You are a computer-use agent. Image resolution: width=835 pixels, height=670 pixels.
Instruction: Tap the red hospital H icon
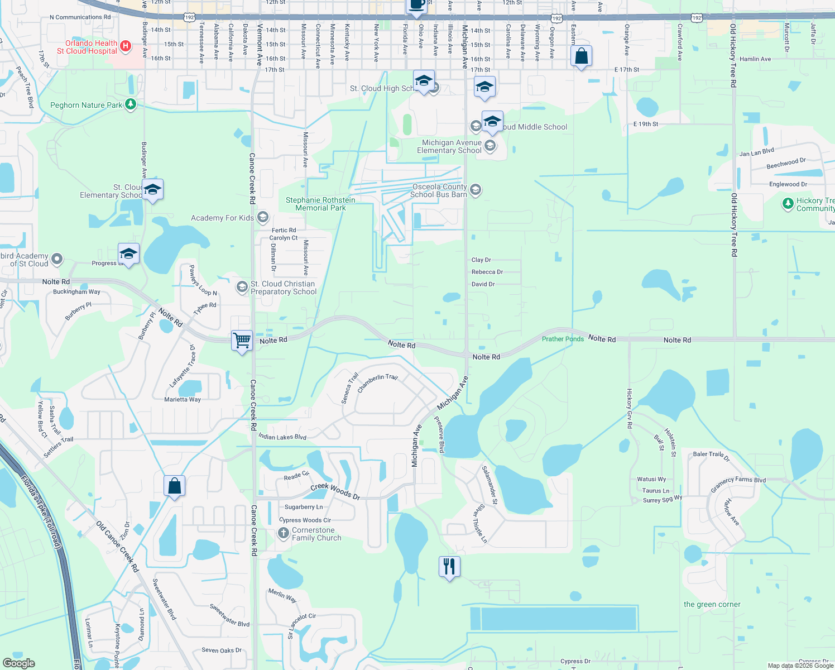click(x=126, y=46)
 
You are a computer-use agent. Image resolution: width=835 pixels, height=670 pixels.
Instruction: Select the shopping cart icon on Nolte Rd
click(x=242, y=340)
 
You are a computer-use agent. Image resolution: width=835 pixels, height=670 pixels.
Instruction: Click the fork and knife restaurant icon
click(x=449, y=566)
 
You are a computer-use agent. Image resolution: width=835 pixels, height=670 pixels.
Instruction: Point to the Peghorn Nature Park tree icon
click(x=131, y=104)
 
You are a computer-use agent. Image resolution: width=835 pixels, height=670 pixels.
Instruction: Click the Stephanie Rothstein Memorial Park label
click(x=320, y=204)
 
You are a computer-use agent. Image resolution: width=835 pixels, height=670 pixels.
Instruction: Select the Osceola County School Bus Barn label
click(x=439, y=191)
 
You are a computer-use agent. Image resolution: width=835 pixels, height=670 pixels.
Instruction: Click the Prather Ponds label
click(x=563, y=339)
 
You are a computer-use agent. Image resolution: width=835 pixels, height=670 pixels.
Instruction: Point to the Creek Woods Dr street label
click(x=335, y=490)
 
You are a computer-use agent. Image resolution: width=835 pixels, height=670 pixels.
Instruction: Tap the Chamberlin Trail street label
click(x=377, y=382)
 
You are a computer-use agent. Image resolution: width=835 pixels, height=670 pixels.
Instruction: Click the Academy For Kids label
click(x=222, y=218)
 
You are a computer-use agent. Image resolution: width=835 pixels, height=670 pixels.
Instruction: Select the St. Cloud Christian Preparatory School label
click(x=283, y=288)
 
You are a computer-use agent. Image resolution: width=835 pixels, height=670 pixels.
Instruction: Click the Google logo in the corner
click(x=19, y=663)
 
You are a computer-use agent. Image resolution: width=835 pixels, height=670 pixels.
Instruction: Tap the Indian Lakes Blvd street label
click(x=282, y=436)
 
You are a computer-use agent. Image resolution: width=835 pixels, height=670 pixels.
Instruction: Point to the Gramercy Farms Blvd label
click(x=738, y=483)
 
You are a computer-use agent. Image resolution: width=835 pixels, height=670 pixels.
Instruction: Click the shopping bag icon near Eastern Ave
click(x=581, y=56)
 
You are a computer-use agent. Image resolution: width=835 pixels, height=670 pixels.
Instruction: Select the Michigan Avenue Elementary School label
click(x=451, y=146)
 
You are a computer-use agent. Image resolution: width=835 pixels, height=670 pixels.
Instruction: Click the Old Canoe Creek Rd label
click(x=117, y=547)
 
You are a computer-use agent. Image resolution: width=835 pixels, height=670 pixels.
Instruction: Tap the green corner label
click(x=712, y=604)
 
